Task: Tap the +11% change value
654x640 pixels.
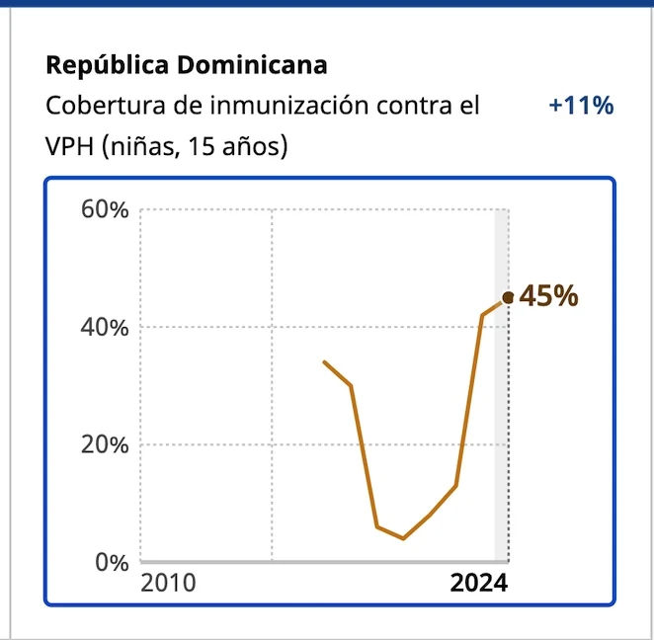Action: (x=582, y=106)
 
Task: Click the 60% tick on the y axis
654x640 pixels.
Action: (x=104, y=210)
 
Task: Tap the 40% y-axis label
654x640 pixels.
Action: (x=104, y=328)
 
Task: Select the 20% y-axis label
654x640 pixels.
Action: (x=104, y=444)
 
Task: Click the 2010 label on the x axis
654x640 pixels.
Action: (x=168, y=583)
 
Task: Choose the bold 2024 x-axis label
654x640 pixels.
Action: (x=478, y=583)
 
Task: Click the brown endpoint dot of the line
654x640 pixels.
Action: (x=508, y=297)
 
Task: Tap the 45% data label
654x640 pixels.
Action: (x=548, y=296)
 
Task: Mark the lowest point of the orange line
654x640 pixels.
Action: (x=403, y=538)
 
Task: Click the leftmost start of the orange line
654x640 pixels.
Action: (x=325, y=362)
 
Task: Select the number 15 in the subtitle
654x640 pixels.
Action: (x=204, y=147)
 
